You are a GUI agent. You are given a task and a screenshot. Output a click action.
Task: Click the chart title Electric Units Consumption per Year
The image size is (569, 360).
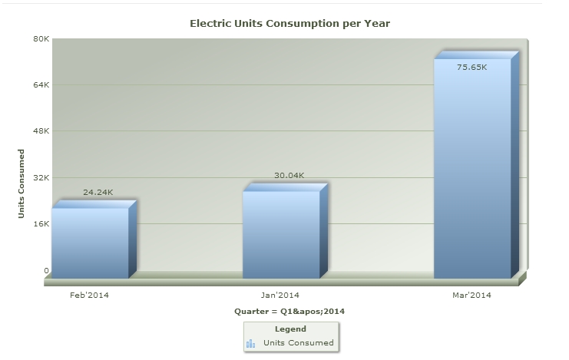289,24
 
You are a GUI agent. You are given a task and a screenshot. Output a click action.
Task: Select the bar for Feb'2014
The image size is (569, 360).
90,242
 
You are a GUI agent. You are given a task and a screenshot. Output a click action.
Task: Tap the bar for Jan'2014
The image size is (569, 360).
281,234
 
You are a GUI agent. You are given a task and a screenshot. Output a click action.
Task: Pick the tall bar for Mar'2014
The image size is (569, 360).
472,169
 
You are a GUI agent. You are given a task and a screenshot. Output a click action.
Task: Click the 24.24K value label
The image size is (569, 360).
98,192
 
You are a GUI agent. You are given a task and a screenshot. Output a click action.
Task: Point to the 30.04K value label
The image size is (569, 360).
289,176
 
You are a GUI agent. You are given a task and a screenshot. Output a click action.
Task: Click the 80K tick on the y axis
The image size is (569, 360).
41,38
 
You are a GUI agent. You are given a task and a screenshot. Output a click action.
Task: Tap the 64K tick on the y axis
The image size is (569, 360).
41,84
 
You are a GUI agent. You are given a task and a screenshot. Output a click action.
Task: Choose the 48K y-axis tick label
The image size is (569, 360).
41,131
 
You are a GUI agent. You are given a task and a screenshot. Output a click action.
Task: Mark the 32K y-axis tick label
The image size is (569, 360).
41,177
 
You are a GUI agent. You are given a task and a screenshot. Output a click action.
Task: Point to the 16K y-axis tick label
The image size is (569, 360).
41,224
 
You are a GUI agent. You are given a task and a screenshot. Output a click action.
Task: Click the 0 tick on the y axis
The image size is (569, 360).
46,270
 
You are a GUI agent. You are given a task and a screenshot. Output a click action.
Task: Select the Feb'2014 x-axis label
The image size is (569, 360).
89,295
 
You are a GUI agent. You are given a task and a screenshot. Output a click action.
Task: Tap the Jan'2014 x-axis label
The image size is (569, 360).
280,295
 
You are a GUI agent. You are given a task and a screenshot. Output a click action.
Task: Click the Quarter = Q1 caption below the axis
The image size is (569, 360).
289,312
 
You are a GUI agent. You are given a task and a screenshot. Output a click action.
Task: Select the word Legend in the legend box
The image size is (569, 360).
290,329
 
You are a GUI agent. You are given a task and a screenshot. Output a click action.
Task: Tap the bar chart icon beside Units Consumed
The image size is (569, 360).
251,343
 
